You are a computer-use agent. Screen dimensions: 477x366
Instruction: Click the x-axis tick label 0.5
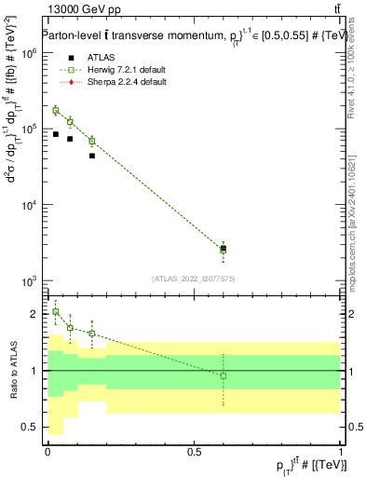pyautogui.click(x=194, y=451)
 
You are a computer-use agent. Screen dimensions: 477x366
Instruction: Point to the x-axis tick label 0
pyautogui.click(x=47, y=451)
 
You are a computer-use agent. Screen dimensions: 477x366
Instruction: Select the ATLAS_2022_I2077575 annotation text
pyautogui.click(x=193, y=278)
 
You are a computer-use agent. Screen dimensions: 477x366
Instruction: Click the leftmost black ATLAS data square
pyautogui.click(x=56, y=134)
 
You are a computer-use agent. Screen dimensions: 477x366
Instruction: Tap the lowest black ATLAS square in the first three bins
pyautogui.click(x=91, y=156)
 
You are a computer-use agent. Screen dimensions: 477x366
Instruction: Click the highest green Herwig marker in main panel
pyautogui.click(x=56, y=110)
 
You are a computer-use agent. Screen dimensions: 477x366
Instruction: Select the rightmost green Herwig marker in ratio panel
pyautogui.click(x=223, y=375)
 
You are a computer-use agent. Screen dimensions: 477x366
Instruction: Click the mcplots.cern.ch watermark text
pyautogui.click(x=351, y=214)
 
